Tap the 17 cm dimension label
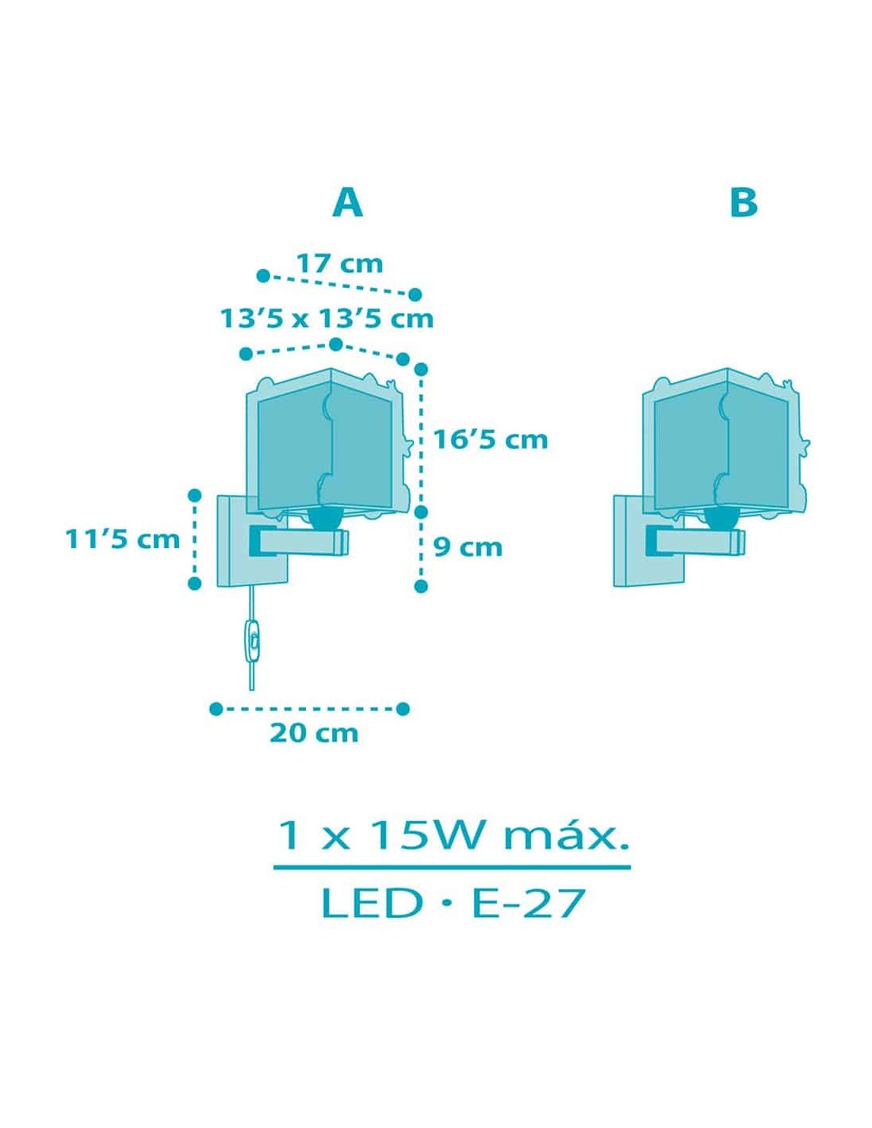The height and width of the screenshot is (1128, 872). coord(339,264)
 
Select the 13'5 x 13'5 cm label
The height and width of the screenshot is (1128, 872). coord(327,319)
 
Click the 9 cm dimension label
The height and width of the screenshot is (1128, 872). coord(468,547)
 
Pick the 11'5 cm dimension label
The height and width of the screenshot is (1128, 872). coord(122,540)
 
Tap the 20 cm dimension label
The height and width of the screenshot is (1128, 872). coord(314,734)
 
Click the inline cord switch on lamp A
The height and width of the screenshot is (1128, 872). coord(252,641)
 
